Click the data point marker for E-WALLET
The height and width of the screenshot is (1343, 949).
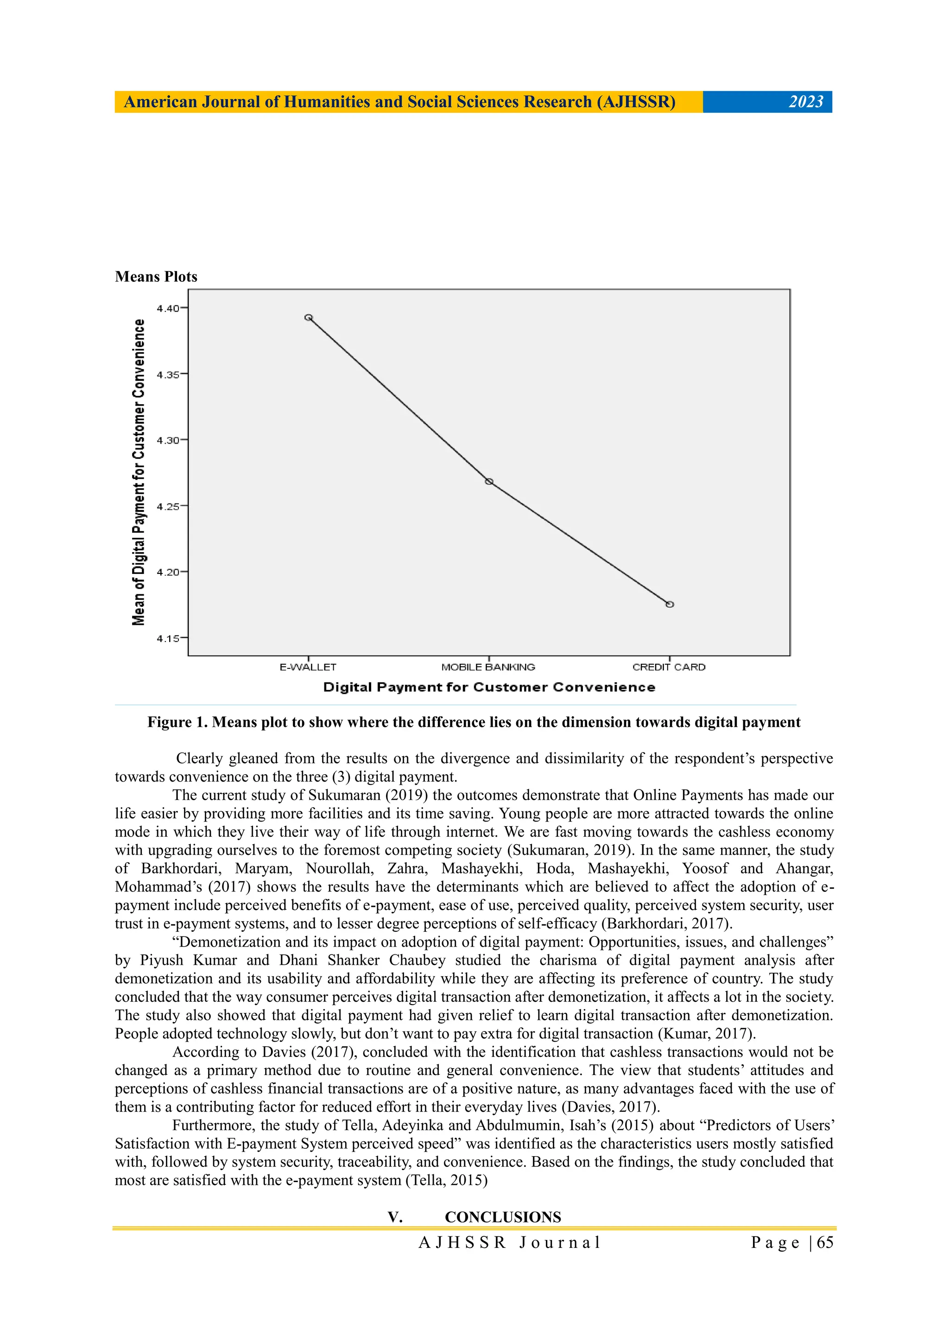pyautogui.click(x=309, y=318)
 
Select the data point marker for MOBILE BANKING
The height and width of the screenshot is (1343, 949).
pyautogui.click(x=489, y=481)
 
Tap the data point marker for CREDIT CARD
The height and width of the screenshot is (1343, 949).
pyautogui.click(x=670, y=604)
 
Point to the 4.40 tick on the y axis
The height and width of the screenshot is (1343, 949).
pyautogui.click(x=168, y=308)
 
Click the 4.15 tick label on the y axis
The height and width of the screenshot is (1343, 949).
pyautogui.click(x=168, y=638)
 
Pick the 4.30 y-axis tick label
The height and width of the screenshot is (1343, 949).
pyautogui.click(x=168, y=440)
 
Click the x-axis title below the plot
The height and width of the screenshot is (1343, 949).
pyautogui.click(x=489, y=687)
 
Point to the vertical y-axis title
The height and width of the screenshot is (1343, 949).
pyautogui.click(x=139, y=472)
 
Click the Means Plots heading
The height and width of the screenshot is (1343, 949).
pyautogui.click(x=156, y=277)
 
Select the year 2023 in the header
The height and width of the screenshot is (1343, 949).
pyautogui.click(x=806, y=102)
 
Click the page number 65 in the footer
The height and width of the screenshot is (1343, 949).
pyautogui.click(x=825, y=1242)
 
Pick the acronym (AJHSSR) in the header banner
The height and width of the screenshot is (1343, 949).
pyautogui.click(x=636, y=102)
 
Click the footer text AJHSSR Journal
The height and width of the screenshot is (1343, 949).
pyautogui.click(x=510, y=1242)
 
